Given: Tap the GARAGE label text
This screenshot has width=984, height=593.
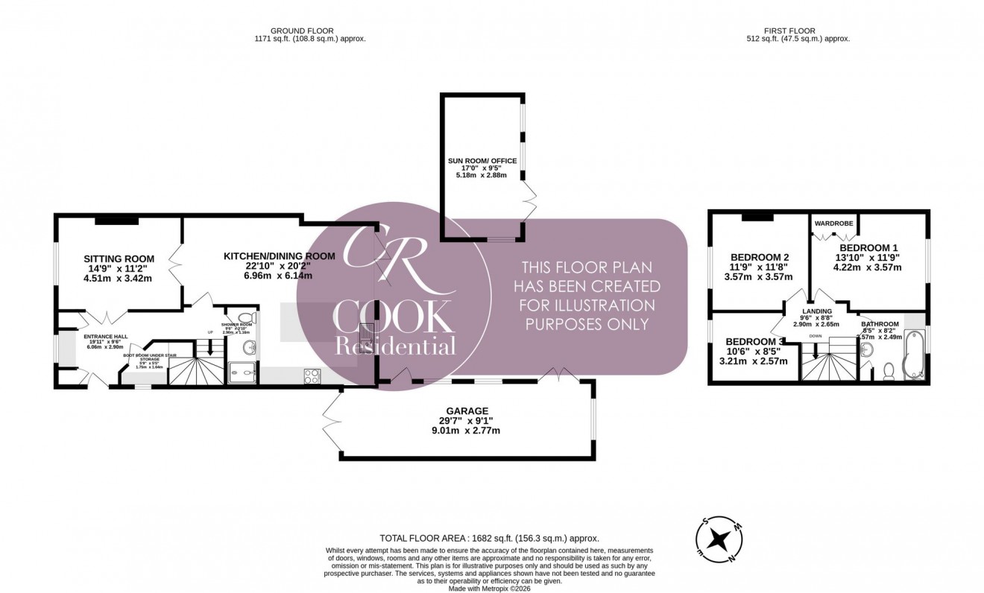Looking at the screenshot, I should click(467, 410).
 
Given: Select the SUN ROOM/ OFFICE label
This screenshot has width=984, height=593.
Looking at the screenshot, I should click(482, 161).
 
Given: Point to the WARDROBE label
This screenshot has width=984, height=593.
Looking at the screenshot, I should click(833, 223).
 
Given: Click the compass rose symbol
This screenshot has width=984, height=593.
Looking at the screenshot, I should click(719, 539).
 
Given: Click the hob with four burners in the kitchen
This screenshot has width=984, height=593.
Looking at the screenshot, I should click(312, 375).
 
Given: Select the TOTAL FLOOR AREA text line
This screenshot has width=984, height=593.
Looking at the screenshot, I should click(489, 538).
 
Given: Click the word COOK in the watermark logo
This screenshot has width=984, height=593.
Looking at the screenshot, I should click(393, 317).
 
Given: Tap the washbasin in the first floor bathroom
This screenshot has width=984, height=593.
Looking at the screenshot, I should click(865, 349).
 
